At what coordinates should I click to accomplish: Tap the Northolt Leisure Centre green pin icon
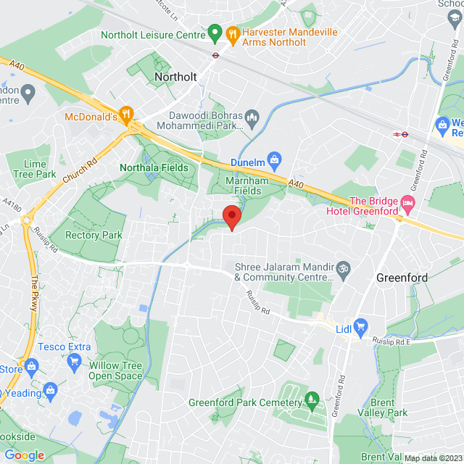(x=215, y=33)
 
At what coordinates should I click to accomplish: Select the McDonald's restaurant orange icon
(x=127, y=114)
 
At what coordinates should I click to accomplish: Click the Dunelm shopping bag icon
(x=274, y=158)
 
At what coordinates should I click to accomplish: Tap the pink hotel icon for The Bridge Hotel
(x=408, y=204)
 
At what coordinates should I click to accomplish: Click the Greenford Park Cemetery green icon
(x=312, y=397)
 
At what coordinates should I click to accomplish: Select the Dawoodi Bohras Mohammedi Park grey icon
(x=252, y=117)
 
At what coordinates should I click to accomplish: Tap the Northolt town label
(x=176, y=75)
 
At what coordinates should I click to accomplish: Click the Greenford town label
(x=402, y=278)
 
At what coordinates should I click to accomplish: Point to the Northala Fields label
(x=154, y=167)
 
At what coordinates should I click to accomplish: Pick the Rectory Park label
(x=94, y=235)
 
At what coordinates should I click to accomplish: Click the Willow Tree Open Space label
(x=116, y=370)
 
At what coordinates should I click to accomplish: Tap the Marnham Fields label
(x=242, y=186)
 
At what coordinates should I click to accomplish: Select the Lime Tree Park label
(x=35, y=169)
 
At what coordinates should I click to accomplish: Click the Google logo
(x=24, y=455)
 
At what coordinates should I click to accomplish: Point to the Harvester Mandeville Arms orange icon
(x=232, y=33)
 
